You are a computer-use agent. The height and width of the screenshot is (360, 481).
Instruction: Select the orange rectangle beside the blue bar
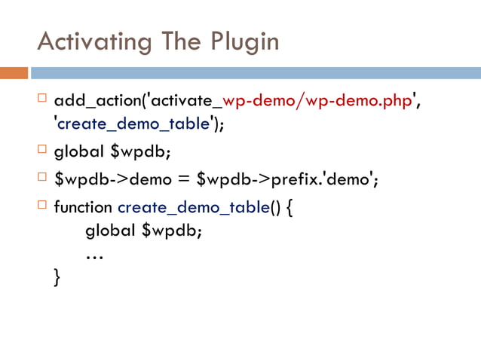(14, 74)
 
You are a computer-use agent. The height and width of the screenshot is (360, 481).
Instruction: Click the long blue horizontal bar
(256, 74)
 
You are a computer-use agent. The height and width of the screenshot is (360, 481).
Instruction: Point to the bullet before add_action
(41, 99)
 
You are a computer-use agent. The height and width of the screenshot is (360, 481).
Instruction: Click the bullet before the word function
(41, 203)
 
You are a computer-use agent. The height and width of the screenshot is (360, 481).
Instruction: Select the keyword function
(84, 206)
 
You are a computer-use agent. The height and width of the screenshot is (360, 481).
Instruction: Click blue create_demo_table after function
(192, 206)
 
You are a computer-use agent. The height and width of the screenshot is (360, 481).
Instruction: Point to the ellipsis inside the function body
(94, 256)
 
